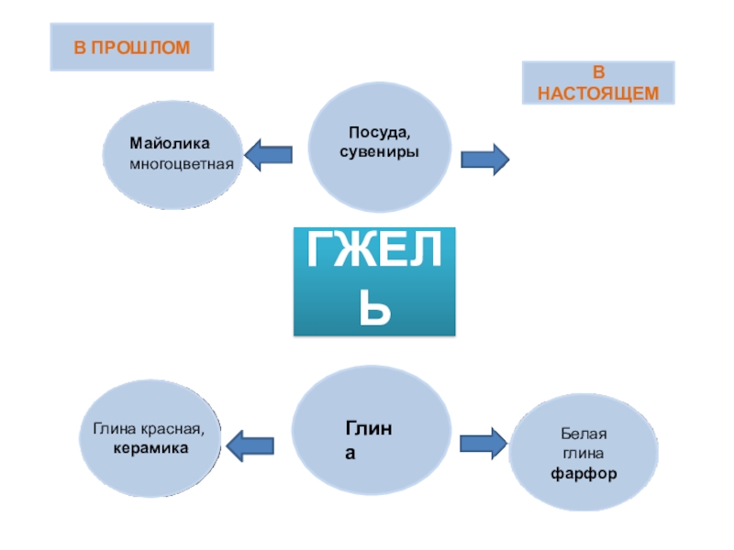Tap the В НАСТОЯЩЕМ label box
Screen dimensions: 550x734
click(597, 82)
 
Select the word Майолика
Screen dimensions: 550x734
click(170, 145)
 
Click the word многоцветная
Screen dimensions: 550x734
click(182, 163)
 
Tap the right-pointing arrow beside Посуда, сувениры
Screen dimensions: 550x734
click(484, 159)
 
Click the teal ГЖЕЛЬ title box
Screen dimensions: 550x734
click(374, 280)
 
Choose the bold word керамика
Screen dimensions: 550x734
click(150, 448)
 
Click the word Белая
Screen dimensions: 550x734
click(584, 434)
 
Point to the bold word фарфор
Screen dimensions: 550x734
click(584, 474)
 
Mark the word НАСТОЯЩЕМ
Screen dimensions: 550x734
click(597, 93)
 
